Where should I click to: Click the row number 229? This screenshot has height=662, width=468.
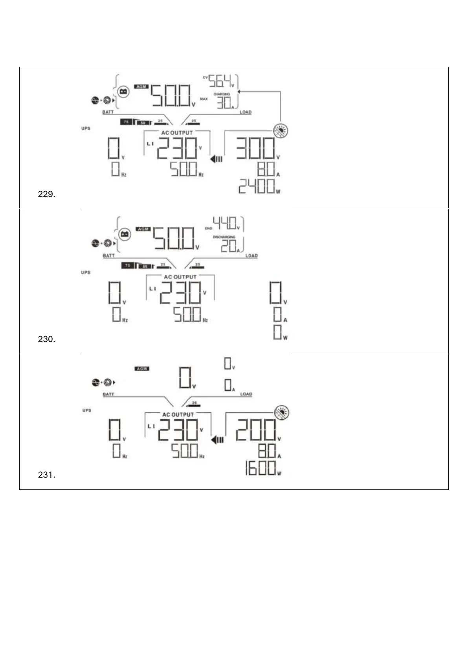[46, 194]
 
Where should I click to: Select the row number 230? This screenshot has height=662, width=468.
[46, 339]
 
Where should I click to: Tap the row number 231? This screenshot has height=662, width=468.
[46, 475]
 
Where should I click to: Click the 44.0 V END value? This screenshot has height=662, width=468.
[225, 223]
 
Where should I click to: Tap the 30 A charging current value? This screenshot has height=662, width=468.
[224, 103]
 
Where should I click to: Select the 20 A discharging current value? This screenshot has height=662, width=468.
[228, 246]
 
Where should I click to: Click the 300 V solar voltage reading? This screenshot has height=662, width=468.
[255, 149]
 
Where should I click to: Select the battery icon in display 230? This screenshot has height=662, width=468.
[125, 234]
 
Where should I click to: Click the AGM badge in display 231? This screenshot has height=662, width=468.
[141, 369]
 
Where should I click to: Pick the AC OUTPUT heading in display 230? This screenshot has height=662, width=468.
[180, 277]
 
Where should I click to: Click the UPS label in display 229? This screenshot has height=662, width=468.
[86, 129]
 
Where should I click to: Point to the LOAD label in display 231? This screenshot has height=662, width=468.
[246, 394]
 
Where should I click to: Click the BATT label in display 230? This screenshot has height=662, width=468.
[109, 256]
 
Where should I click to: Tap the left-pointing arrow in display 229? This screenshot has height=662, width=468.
[216, 159]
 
